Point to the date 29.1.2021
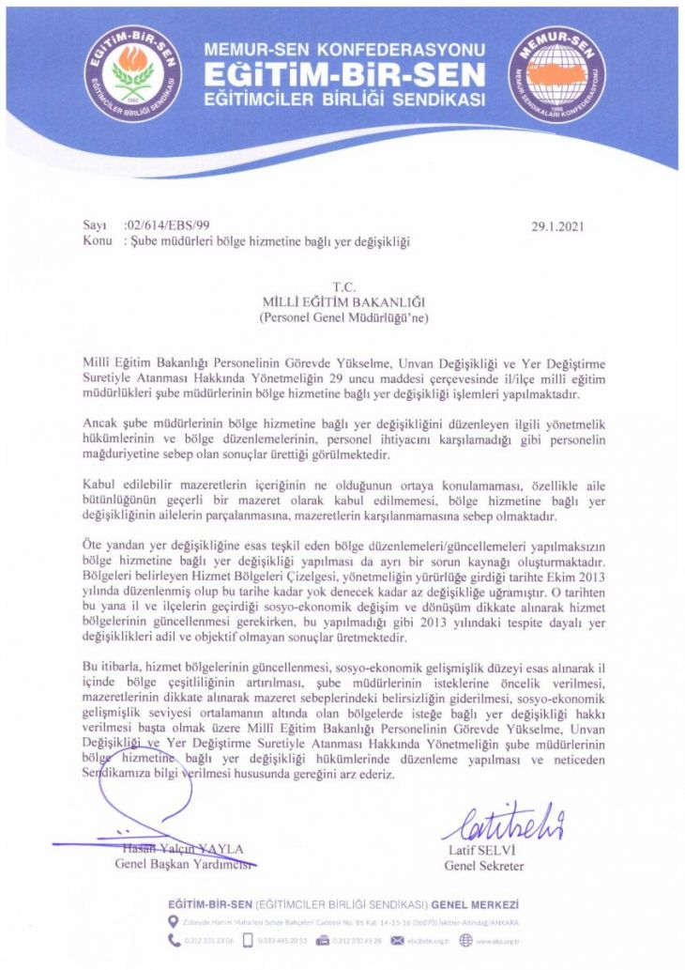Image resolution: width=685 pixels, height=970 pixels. click(562, 226)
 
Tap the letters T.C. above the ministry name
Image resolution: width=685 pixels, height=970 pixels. click(343, 285)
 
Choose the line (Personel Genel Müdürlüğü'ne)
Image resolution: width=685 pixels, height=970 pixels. click(343, 317)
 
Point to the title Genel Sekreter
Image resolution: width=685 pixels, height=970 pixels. click(484, 865)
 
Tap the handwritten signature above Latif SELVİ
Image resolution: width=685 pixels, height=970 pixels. click(502, 824)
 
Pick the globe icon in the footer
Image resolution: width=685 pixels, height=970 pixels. click(466, 939)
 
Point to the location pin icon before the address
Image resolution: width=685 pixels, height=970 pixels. click(172, 922)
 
